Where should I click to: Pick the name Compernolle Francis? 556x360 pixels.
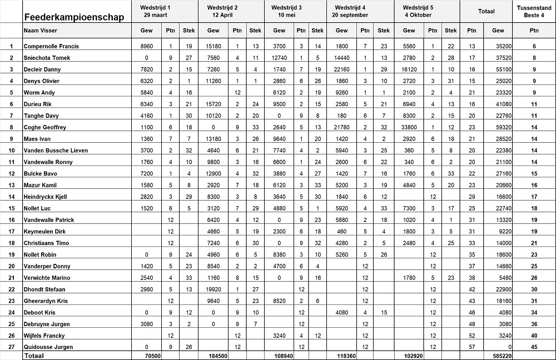click(x=51, y=46)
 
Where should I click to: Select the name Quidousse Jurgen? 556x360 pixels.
click(x=47, y=347)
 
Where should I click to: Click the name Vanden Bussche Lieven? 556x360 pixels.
click(x=56, y=151)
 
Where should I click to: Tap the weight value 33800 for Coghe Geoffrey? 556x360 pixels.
click(x=409, y=127)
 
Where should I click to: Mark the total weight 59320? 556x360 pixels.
click(x=498, y=127)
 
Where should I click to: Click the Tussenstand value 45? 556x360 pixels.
click(x=534, y=347)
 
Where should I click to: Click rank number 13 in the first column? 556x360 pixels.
click(x=11, y=185)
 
